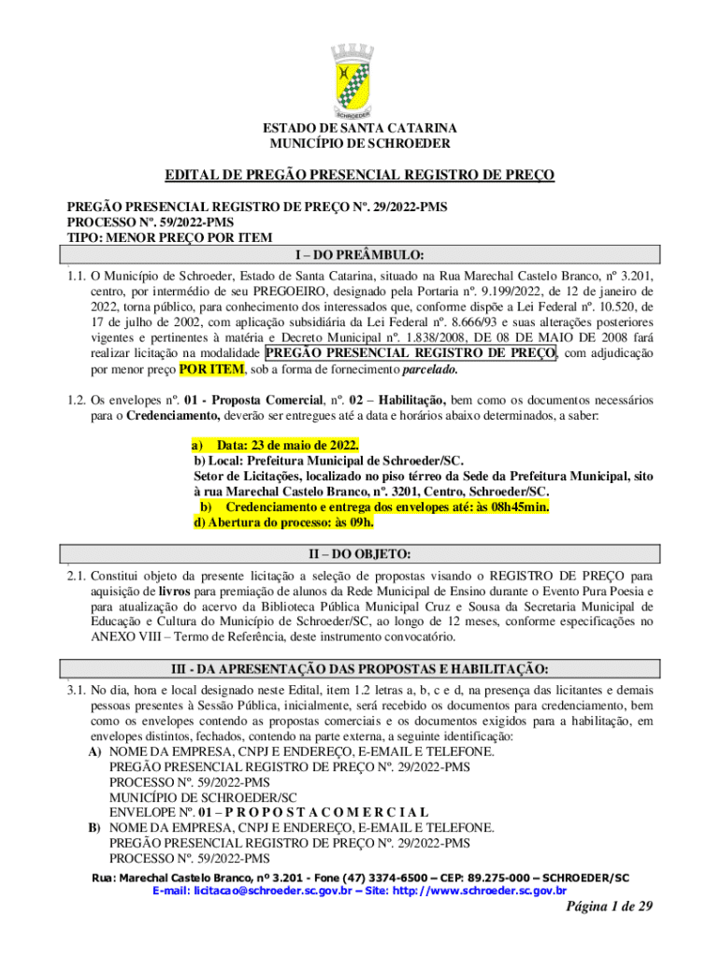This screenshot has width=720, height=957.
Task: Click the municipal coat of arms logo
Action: (x=360, y=82)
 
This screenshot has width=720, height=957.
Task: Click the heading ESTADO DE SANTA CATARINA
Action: (x=360, y=128)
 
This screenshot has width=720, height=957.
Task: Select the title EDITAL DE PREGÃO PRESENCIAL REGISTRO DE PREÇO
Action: (x=360, y=175)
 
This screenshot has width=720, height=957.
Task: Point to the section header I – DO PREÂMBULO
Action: (x=360, y=254)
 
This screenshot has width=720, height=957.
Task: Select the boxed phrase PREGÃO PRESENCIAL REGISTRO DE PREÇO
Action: (x=411, y=352)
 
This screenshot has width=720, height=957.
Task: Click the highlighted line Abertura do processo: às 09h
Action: (x=281, y=522)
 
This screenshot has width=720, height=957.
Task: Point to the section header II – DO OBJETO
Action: (x=360, y=554)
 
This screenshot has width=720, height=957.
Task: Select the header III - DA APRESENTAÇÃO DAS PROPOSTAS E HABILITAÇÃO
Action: (x=360, y=669)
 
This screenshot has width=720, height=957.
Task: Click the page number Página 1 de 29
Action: (x=609, y=913)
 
